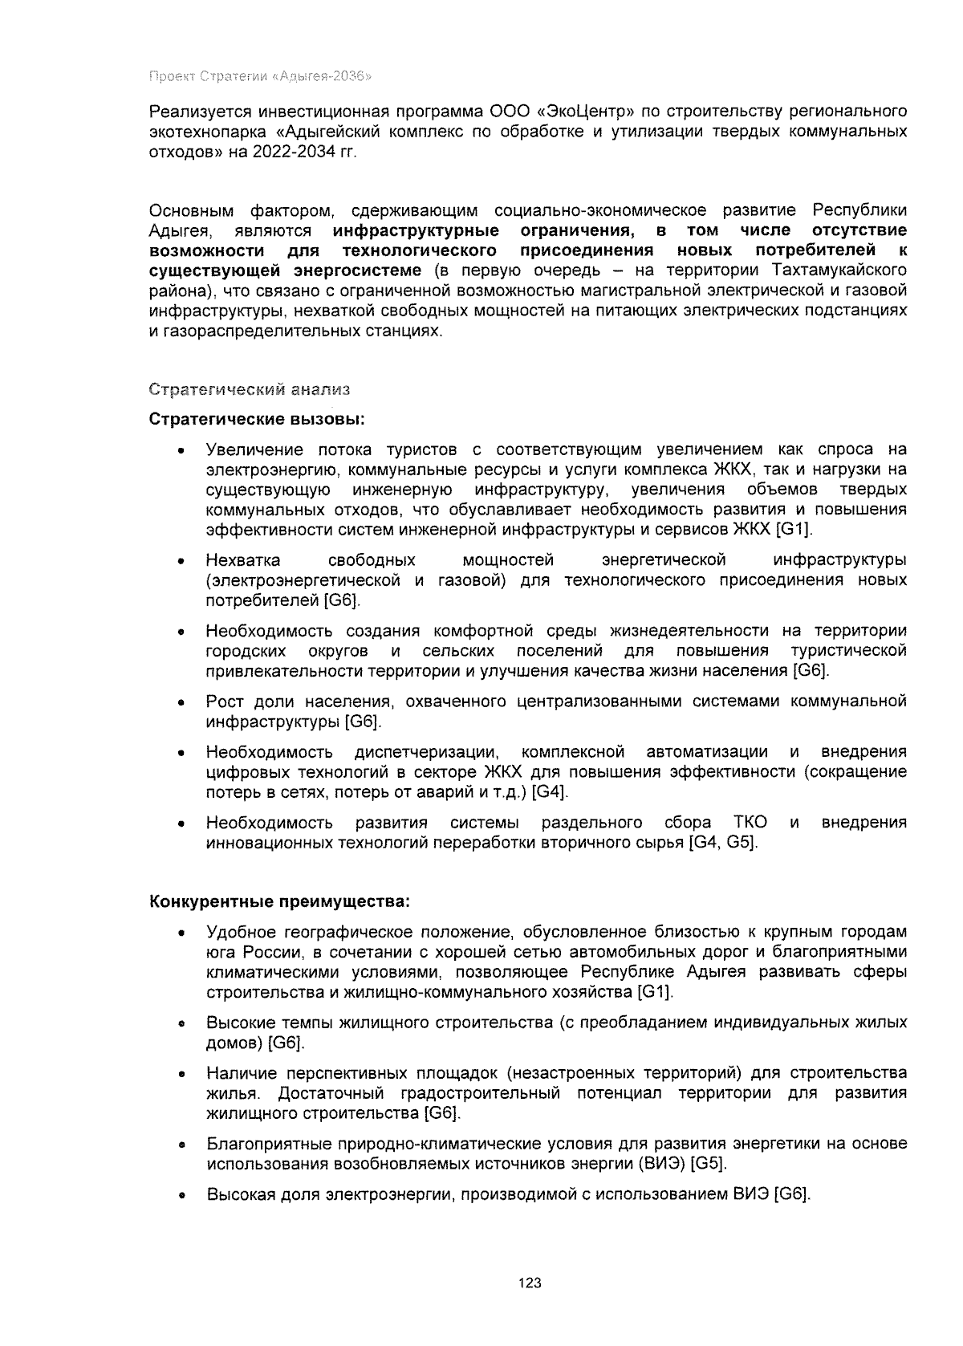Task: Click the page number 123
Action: pyautogui.click(x=530, y=1283)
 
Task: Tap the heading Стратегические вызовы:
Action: pyautogui.click(x=257, y=420)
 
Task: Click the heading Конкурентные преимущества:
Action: pyautogui.click(x=280, y=901)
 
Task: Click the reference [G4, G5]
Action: pyautogui.click(x=723, y=843)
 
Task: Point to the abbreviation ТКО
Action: pyautogui.click(x=750, y=823)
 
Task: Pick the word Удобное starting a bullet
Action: pyautogui.click(x=240, y=932)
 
